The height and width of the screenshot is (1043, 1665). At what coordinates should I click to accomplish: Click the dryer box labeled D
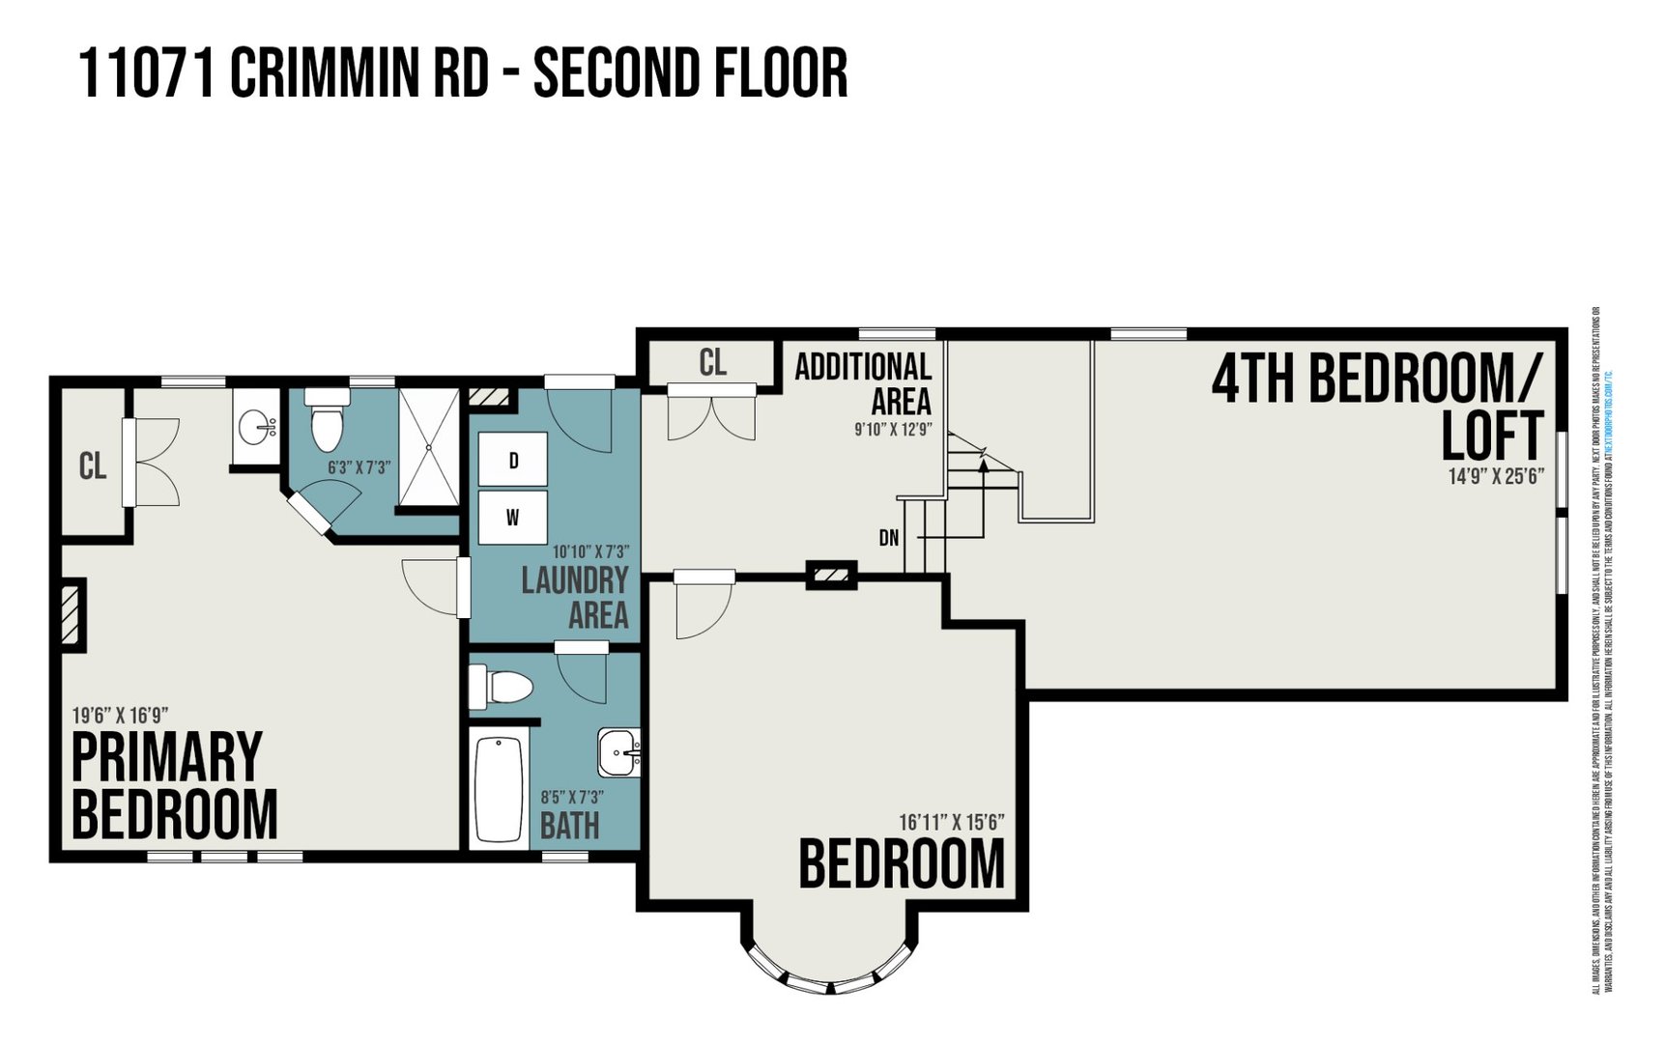click(512, 460)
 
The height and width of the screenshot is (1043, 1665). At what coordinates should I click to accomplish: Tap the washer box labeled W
click(512, 518)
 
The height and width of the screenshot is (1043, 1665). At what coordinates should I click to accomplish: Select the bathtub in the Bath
click(499, 788)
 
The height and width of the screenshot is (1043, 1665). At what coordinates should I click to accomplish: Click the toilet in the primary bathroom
click(327, 421)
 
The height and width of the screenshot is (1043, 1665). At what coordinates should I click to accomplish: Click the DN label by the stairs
click(888, 538)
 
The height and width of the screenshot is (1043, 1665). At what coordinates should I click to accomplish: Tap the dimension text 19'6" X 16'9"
click(121, 716)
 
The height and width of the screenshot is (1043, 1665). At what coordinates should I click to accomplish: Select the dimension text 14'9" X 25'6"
click(1495, 476)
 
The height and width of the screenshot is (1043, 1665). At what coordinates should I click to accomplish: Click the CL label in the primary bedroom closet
click(93, 466)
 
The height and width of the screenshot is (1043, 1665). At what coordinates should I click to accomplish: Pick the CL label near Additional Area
click(712, 363)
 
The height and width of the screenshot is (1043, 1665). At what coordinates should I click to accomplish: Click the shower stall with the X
click(429, 447)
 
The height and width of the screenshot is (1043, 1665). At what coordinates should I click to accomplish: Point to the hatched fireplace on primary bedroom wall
click(72, 614)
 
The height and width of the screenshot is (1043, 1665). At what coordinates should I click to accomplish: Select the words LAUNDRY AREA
click(575, 597)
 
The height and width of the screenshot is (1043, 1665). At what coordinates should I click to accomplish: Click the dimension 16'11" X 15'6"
click(951, 822)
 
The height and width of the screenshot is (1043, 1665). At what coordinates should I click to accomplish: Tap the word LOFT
click(1491, 436)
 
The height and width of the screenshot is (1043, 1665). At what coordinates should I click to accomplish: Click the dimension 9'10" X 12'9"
click(892, 429)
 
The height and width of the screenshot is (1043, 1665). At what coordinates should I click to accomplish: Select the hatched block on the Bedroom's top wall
click(831, 577)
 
